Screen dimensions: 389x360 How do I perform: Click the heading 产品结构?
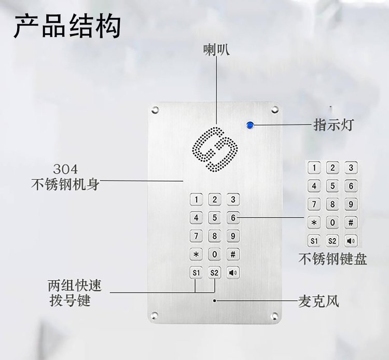(67, 26)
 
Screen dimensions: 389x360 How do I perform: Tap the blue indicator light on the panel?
(250, 125)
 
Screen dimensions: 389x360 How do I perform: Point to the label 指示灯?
(334, 125)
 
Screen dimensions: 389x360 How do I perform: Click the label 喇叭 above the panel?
(216, 50)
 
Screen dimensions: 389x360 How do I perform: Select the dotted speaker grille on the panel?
(215, 149)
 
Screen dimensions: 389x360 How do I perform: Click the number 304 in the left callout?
(65, 170)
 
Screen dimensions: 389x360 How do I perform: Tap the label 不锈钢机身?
(65, 185)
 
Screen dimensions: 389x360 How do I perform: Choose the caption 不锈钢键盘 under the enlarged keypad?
(332, 259)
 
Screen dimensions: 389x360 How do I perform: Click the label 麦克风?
(318, 301)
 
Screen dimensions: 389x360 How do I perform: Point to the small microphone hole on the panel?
(214, 301)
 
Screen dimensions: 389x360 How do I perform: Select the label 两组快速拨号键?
(75, 293)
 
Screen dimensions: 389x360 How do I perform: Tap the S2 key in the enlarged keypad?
(332, 241)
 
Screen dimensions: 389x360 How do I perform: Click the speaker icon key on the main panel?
(233, 273)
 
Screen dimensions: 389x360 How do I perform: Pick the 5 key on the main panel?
(214, 217)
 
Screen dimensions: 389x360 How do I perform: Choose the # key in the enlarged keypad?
(351, 223)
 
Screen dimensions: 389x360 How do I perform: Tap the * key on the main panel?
(196, 254)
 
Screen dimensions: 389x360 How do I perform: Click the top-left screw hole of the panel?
(155, 109)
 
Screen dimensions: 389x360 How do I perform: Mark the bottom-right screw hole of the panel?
(274, 316)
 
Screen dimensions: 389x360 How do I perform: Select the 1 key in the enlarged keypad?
(314, 168)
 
